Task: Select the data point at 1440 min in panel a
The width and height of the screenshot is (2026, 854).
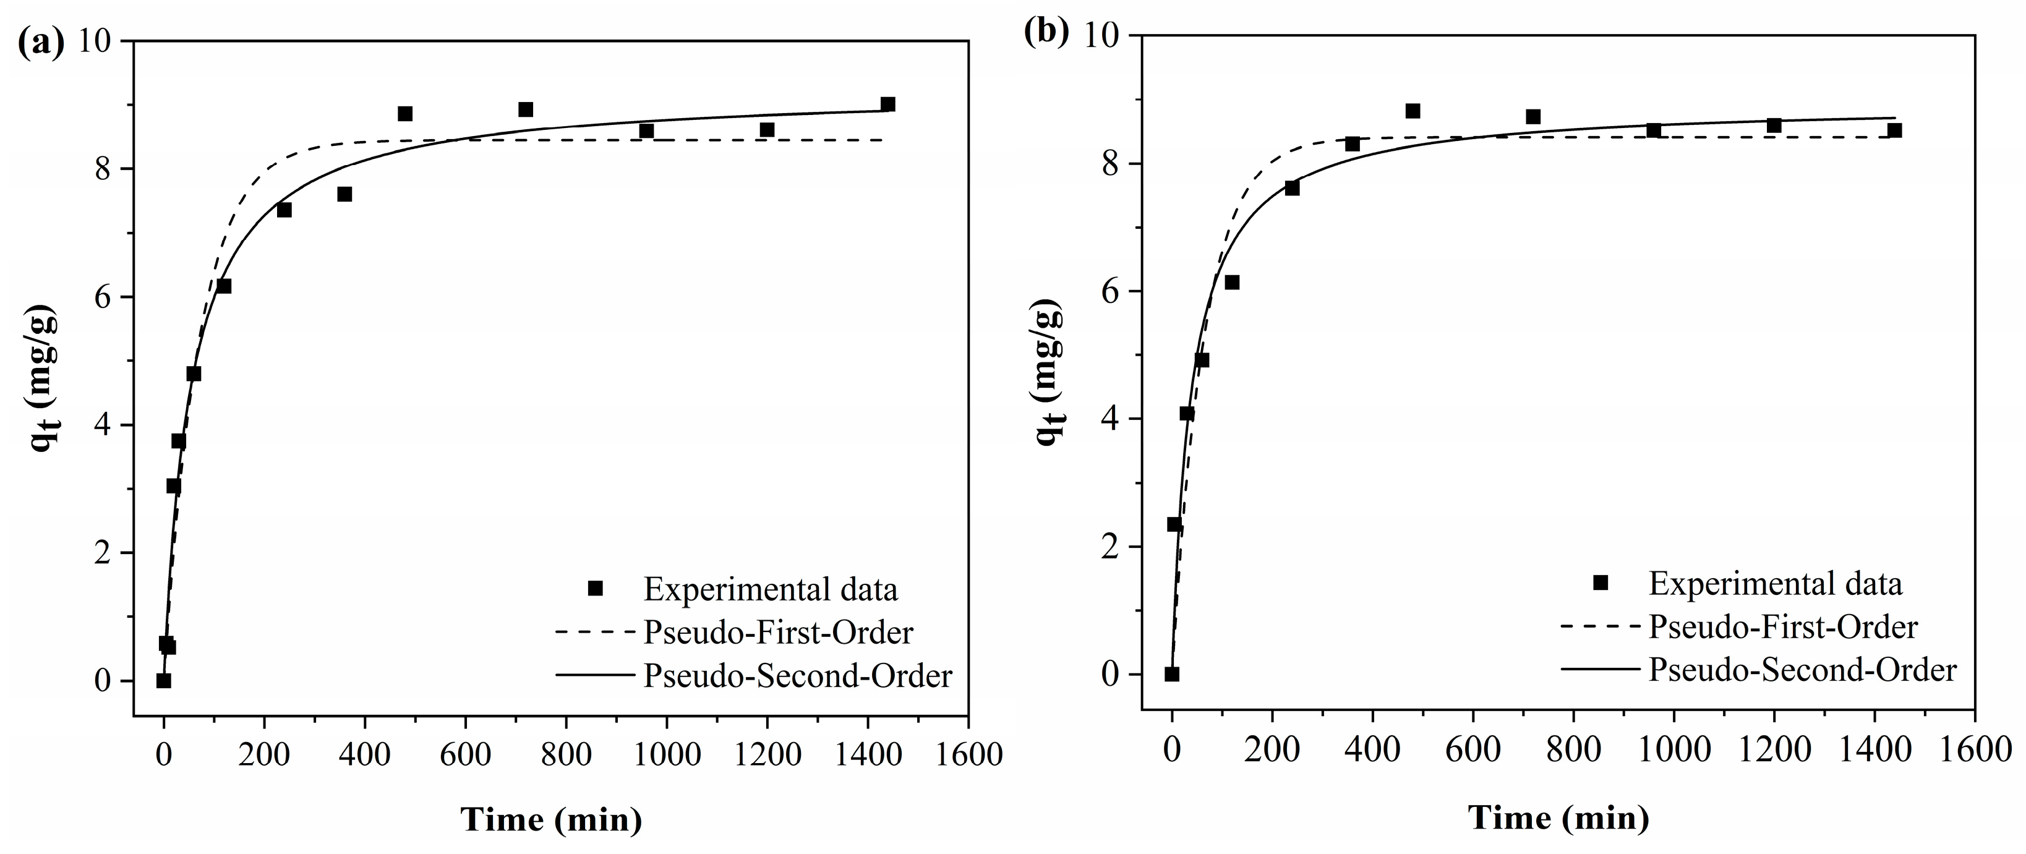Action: click(x=888, y=105)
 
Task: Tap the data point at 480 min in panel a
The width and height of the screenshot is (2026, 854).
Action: click(x=405, y=114)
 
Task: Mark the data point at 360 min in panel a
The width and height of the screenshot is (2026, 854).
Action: click(x=344, y=194)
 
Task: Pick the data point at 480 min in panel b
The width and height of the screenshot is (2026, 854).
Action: click(x=1413, y=111)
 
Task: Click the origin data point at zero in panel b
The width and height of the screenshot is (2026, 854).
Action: click(x=1172, y=674)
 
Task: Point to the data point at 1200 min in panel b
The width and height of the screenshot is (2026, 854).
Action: click(x=1774, y=126)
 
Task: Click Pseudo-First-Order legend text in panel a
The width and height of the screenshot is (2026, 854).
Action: click(x=778, y=633)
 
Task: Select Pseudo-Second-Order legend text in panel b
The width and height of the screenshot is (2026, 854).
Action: click(x=1803, y=670)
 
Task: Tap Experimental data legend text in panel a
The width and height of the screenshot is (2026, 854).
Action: click(x=771, y=589)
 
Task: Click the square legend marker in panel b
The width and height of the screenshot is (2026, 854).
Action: click(x=1600, y=583)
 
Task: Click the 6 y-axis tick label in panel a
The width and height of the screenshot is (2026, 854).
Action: click(x=103, y=297)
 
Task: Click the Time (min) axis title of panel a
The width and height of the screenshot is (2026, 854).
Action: click(x=550, y=819)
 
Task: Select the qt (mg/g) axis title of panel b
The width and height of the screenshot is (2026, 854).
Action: click(x=1051, y=372)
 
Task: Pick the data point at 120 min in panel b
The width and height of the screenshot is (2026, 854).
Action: click(x=1232, y=283)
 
